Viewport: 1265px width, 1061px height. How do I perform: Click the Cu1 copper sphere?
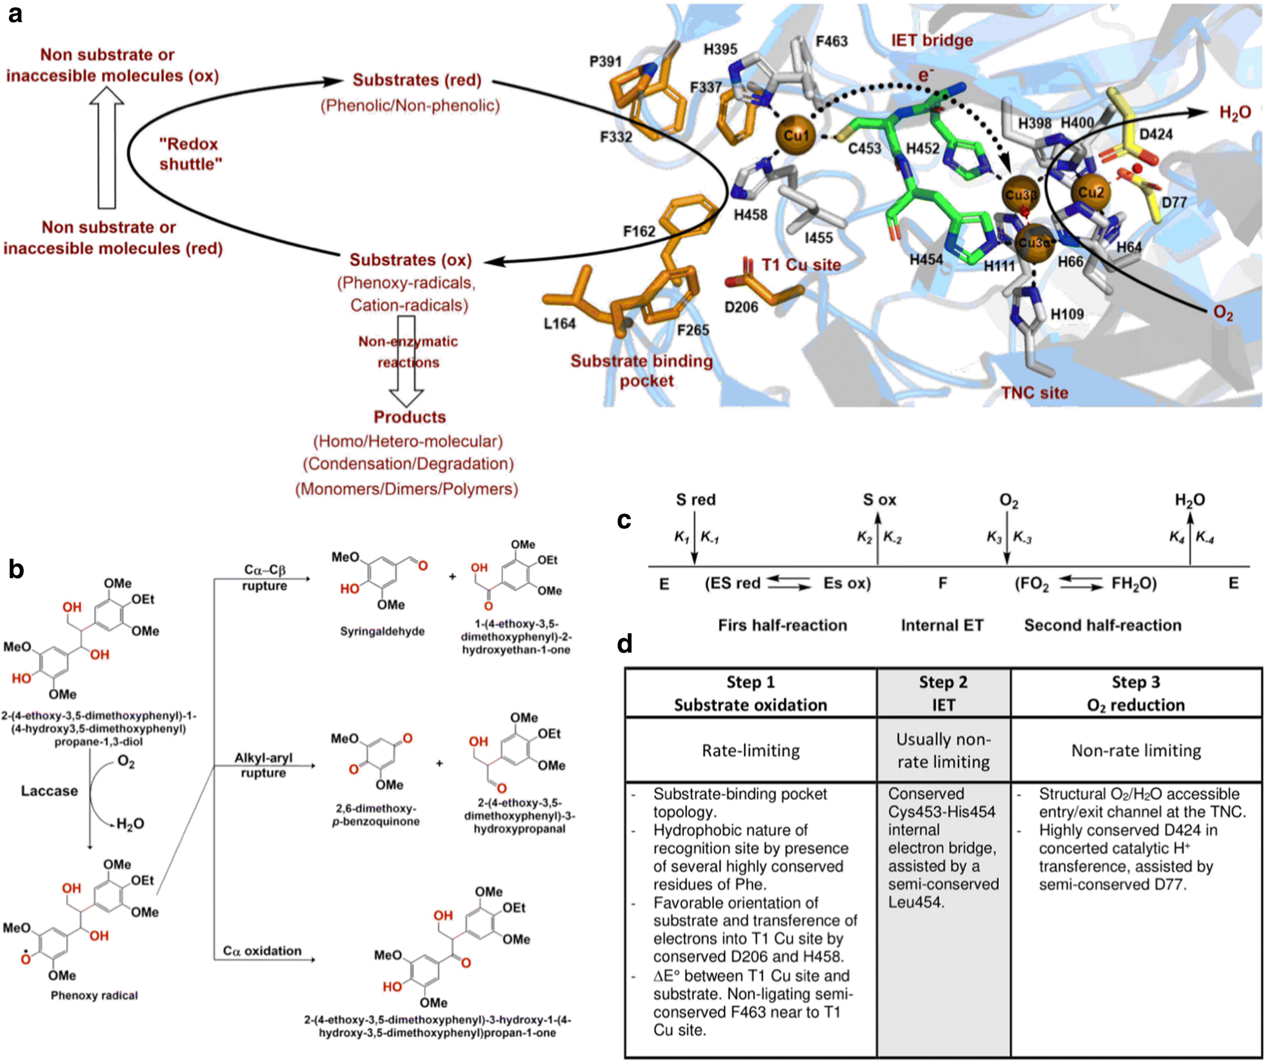[796, 136]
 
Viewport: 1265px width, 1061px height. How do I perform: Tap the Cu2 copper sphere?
[1091, 192]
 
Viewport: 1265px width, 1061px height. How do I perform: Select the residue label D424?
[1155, 135]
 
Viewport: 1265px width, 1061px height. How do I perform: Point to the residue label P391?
[605, 62]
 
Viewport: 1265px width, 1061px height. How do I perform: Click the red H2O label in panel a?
[1235, 113]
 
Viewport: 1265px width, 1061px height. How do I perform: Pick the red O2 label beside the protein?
[1222, 313]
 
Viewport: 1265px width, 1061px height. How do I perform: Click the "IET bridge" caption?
[931, 41]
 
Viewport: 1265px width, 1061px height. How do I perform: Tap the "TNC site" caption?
[1034, 392]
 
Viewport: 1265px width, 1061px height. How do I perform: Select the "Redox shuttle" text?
[190, 154]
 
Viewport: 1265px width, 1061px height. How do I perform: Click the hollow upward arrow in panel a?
[106, 148]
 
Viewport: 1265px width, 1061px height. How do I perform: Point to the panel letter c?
[624, 520]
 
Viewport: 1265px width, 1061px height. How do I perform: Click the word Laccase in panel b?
[49, 791]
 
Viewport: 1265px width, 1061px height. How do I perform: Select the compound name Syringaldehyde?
[382, 631]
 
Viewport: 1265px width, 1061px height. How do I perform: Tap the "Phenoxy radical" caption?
[94, 995]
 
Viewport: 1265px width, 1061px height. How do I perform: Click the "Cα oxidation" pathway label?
[262, 951]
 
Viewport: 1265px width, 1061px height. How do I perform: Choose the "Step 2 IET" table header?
[942, 693]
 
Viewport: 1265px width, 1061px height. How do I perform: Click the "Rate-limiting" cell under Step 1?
[750, 751]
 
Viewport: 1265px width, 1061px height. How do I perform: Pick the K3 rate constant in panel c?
[994, 537]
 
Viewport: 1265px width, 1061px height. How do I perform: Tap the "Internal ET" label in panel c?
[942, 625]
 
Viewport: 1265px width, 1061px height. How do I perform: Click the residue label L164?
[559, 323]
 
